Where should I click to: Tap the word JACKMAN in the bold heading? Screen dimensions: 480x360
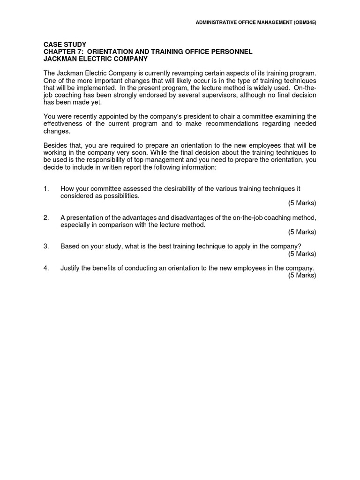coord(60,59)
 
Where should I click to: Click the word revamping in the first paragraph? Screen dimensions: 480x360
coord(178,74)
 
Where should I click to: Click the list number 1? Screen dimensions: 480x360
coord(46,189)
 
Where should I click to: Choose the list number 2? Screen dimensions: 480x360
coord(46,218)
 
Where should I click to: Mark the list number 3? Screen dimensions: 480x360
coord(46,247)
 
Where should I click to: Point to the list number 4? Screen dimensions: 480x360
coord(46,268)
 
